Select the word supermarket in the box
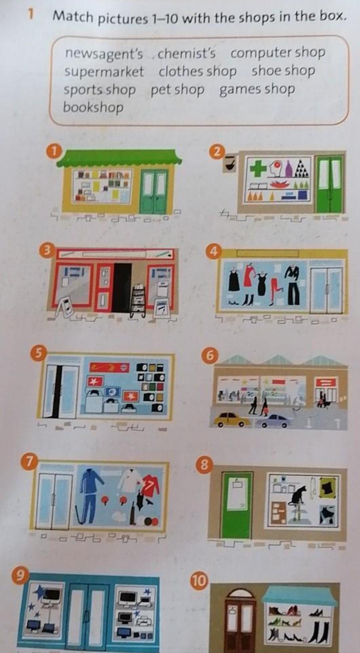pos(104,72)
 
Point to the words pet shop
pos(177,90)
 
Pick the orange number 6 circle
pos(209,355)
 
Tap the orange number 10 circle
pos(199,580)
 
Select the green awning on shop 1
pos(120,158)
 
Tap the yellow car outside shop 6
pos(231,420)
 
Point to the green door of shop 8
pos(237,504)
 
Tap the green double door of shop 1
pos(154,192)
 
